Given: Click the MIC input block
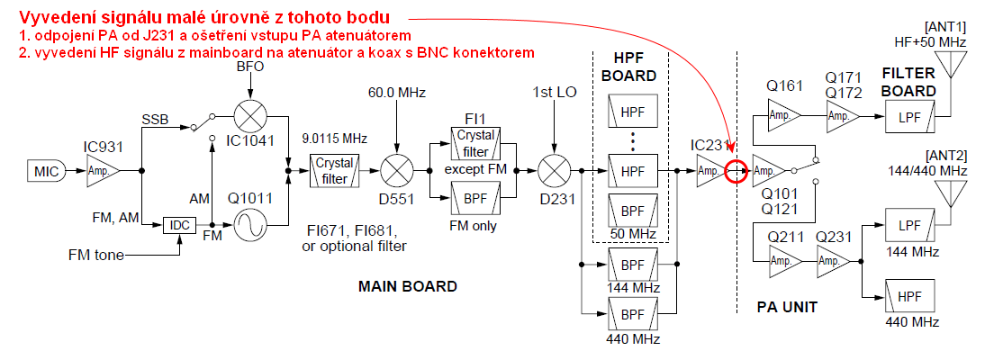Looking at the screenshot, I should pos(45,168).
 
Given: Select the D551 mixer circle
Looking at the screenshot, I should pos(395,168).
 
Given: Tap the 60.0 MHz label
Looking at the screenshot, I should pos(397,93).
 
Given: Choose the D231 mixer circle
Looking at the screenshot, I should pos(553,168).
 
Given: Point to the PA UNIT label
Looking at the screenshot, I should pos(787,307).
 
